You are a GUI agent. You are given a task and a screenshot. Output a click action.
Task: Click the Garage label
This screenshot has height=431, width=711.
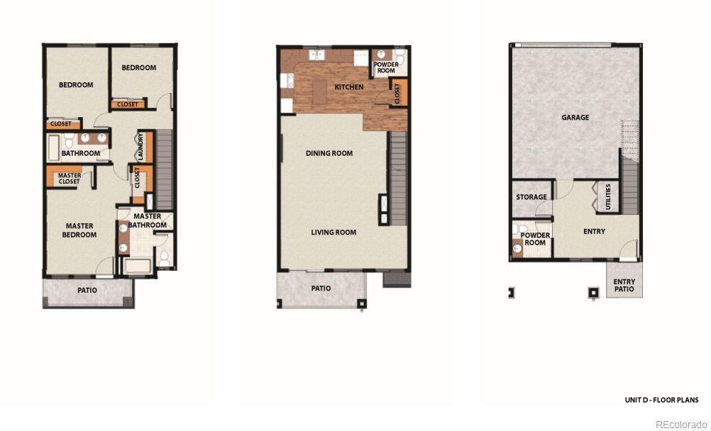point(575,118)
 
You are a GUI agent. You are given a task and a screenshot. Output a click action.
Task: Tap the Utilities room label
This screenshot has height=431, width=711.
point(608,196)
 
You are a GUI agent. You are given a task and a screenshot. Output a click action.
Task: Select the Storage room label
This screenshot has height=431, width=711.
point(531,197)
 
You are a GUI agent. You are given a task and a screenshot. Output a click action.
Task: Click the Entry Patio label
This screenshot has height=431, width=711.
point(624,285)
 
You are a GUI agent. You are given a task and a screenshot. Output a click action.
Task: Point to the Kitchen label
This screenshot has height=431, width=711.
point(348,86)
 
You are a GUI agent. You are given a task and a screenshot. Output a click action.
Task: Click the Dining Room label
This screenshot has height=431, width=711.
point(329,153)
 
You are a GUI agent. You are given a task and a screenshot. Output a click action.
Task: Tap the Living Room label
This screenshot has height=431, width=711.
point(334,233)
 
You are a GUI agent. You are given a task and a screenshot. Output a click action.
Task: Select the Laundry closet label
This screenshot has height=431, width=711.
point(140,147)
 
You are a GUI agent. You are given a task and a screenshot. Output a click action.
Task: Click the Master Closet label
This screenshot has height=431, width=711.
point(69,178)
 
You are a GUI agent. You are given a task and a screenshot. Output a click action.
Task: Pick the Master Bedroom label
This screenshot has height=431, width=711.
point(79,230)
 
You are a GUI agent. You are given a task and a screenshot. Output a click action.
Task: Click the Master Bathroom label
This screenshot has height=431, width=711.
point(147,220)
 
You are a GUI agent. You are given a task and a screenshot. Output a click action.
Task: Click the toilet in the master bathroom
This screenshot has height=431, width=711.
point(164,257)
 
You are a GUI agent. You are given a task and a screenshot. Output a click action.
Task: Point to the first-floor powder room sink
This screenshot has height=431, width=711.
point(517,248)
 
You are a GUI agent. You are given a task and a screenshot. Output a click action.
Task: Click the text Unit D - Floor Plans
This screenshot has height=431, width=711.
point(661,400)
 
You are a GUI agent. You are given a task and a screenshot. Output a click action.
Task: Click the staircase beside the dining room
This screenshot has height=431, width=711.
point(399,179)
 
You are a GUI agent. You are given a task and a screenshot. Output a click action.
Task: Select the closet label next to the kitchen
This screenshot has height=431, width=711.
point(397,94)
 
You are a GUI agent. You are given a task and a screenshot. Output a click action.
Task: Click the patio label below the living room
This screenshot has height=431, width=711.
point(321,289)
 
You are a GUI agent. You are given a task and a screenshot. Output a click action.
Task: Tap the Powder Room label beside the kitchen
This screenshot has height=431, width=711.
point(386,67)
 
